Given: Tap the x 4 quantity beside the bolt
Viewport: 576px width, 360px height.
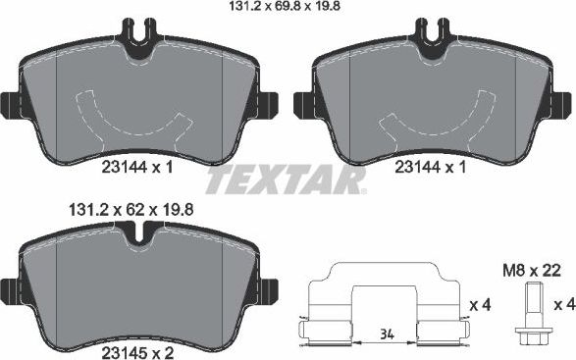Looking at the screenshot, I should (564, 306).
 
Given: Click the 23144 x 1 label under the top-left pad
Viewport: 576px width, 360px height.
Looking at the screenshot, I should (136, 168).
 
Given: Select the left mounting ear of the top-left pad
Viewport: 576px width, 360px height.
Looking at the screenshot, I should (9, 104).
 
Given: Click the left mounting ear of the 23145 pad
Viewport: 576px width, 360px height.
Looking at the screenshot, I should (9, 291).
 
